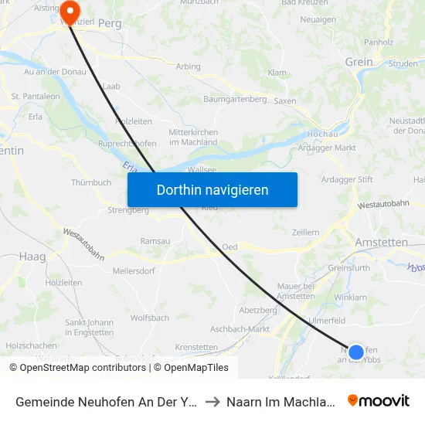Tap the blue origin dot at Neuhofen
[x=356, y=352]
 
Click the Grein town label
[x=359, y=63]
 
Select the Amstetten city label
[x=381, y=242]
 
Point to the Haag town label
[x=32, y=256]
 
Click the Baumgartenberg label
[x=235, y=99]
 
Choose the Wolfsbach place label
[x=150, y=318]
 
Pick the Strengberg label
[x=128, y=209]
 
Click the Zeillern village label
[x=307, y=232]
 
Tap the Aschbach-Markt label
[x=240, y=328]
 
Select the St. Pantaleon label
[x=36, y=96]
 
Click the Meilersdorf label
[x=134, y=270]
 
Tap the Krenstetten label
[x=197, y=347]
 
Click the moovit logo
[x=378, y=400]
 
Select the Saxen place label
[x=284, y=101]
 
